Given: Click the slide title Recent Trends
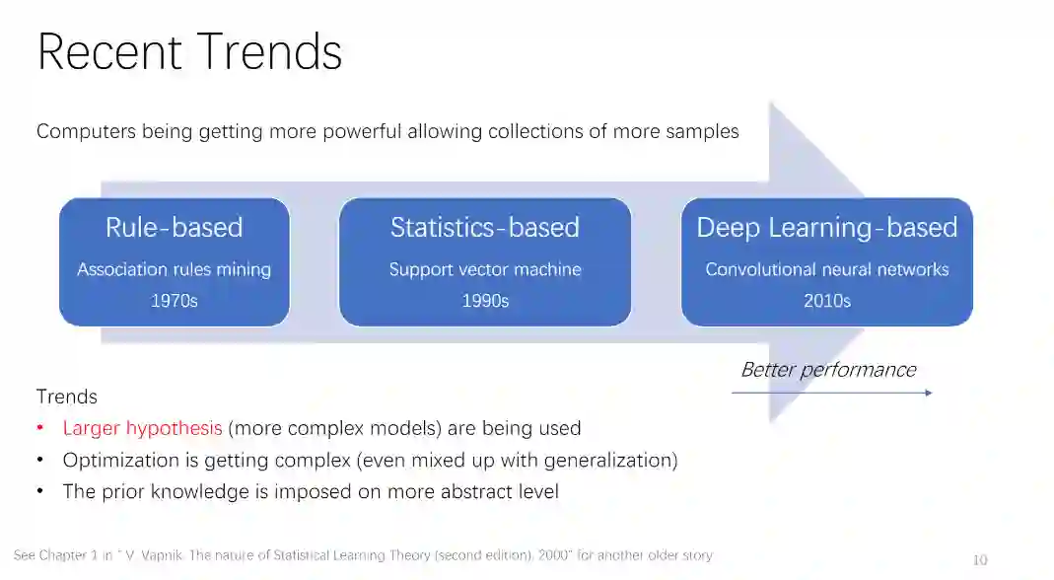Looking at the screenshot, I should (x=189, y=52).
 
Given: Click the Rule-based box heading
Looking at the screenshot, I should (x=175, y=228).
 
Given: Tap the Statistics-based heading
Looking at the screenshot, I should (x=484, y=228).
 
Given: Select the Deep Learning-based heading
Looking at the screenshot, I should (x=826, y=228).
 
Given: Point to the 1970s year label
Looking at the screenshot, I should (x=175, y=301).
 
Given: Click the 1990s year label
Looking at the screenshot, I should (x=485, y=301).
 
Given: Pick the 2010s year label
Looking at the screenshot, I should (x=826, y=301).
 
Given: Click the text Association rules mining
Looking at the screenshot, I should (x=175, y=269).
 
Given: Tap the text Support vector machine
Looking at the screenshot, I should (x=485, y=269).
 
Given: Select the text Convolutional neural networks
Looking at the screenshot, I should (x=826, y=269).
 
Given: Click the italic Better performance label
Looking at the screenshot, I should (x=828, y=370).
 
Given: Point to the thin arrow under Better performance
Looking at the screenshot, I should (x=831, y=393).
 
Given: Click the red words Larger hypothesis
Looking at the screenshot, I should (x=142, y=428).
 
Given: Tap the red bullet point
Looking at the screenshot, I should (x=40, y=428).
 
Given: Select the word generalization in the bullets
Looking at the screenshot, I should (x=615, y=460).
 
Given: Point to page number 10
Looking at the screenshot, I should (x=979, y=559).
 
